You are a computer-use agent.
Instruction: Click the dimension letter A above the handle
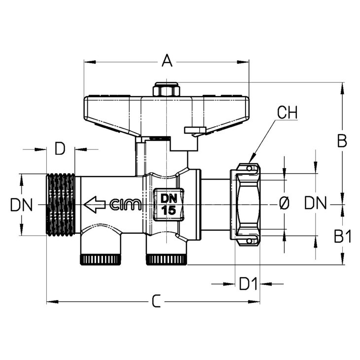coord(167,60)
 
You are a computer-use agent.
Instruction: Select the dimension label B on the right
coord(342,141)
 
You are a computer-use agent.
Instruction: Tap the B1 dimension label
coord(343,237)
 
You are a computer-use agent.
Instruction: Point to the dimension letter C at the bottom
coord(156,301)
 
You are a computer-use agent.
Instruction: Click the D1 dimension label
coord(248,284)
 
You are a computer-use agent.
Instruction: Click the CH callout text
coord(287,112)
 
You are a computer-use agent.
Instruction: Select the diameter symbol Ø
coord(284,203)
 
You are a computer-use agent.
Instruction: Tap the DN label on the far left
coord(21,205)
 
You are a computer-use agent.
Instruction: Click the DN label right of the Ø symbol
coord(315,203)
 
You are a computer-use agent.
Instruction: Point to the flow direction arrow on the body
coord(95,204)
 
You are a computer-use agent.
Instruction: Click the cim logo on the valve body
coord(125,205)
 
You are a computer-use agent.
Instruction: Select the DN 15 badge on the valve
coord(169,204)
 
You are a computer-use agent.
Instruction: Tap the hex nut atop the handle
coord(166,89)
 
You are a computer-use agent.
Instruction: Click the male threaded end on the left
coord(61,205)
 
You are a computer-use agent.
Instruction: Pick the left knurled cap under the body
coord(100,259)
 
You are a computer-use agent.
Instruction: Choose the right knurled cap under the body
coord(167,259)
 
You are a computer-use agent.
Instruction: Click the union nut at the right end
coord(246,205)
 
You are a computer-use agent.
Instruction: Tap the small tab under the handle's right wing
coord(195,130)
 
